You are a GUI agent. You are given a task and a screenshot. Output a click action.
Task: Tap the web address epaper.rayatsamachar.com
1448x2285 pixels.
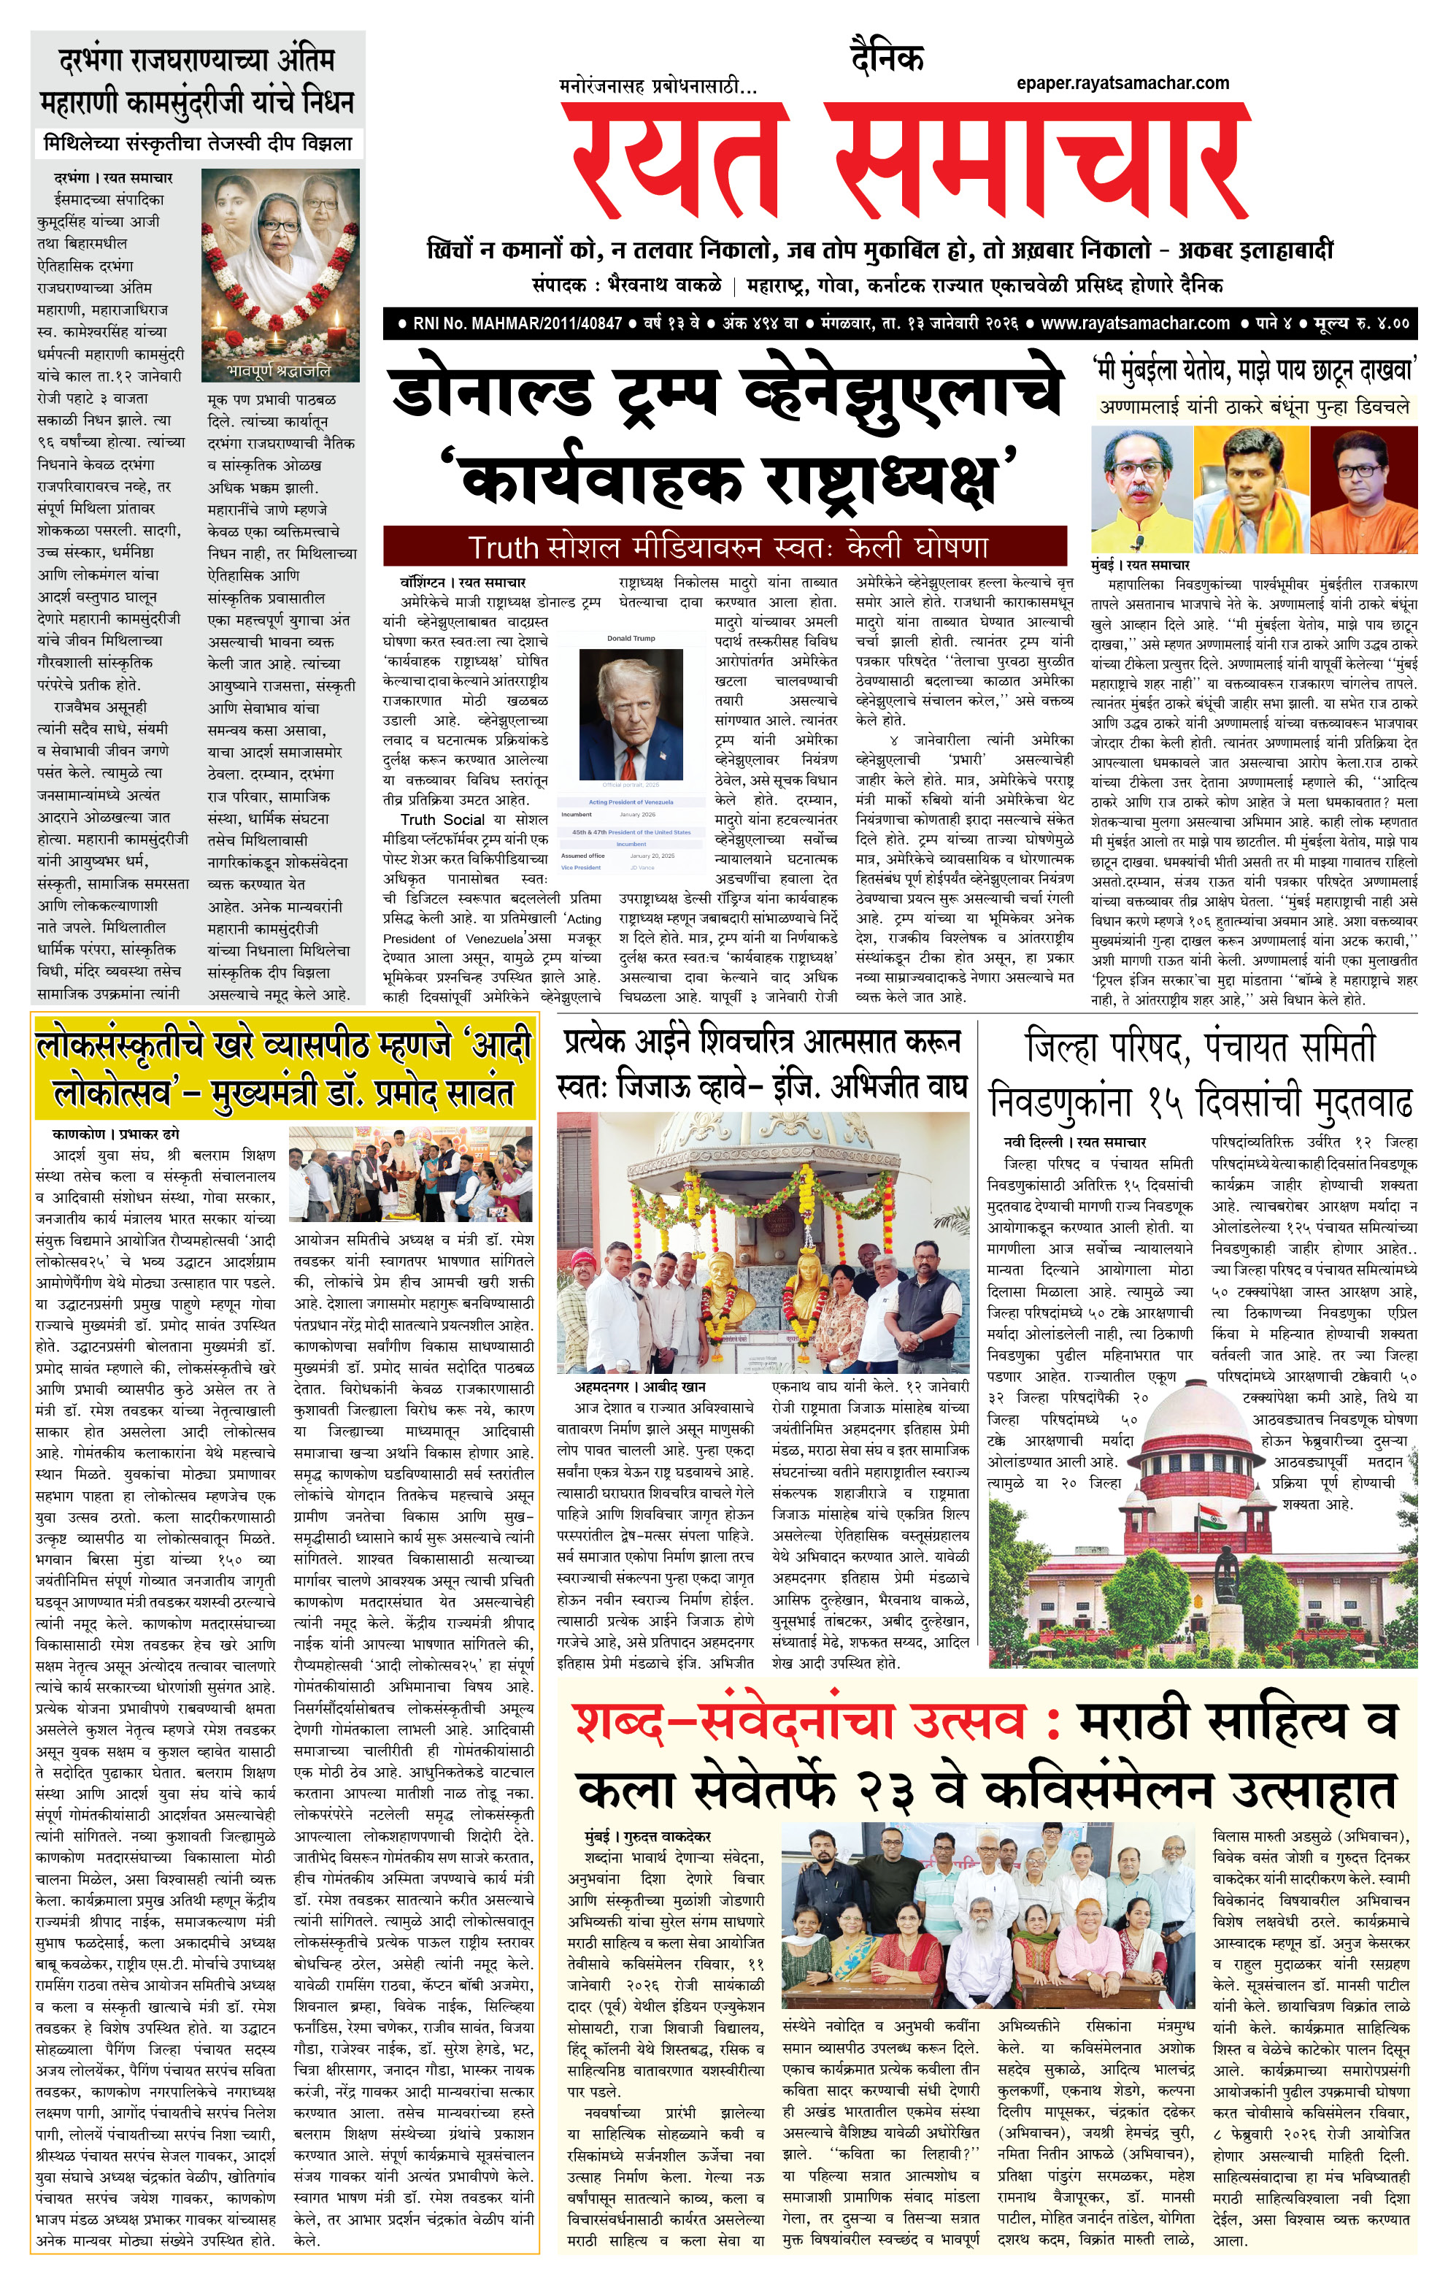click(1122, 83)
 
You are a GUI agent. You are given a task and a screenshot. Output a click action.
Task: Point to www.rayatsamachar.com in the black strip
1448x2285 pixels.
click(1135, 323)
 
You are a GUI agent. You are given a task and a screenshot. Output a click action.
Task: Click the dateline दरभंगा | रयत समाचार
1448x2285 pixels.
click(113, 177)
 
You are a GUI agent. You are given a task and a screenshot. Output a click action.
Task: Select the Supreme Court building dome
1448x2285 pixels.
click(1195, 1405)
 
